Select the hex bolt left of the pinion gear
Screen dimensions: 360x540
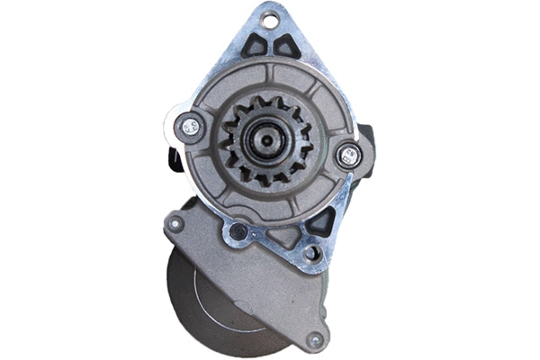click(x=190, y=127)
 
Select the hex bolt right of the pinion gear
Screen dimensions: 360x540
click(x=346, y=156)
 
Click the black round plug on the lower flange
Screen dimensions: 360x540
click(x=238, y=232)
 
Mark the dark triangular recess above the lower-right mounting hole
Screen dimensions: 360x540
click(x=319, y=225)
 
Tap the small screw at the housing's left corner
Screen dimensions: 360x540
click(x=175, y=222)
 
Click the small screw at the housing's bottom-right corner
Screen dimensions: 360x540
click(x=314, y=340)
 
